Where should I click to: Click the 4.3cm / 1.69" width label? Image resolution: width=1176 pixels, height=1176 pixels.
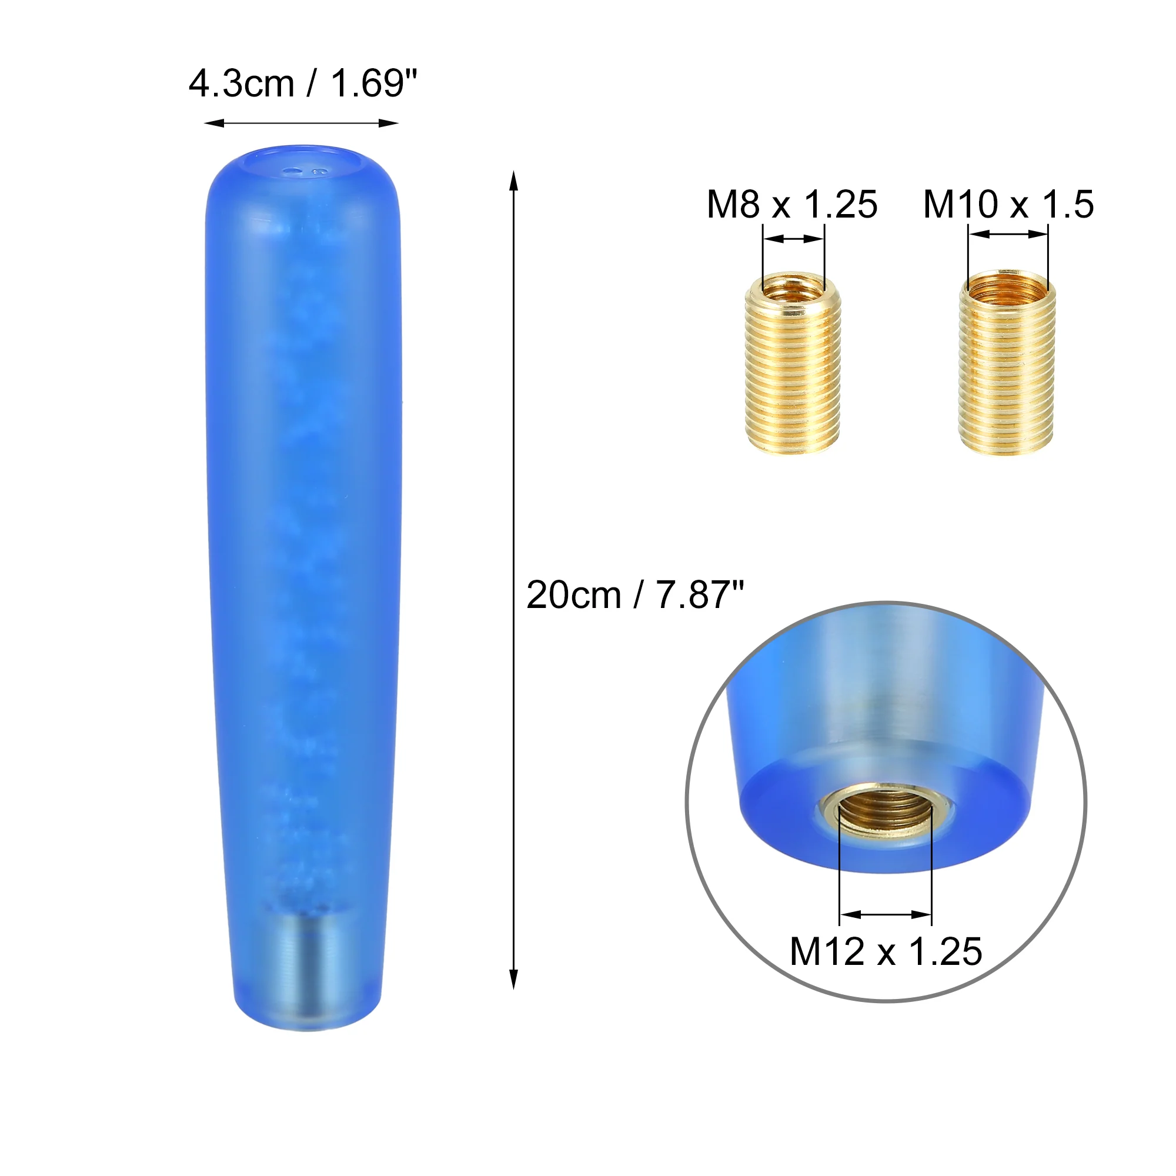[302, 83]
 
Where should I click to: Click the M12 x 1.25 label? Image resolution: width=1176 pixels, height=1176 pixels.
[886, 951]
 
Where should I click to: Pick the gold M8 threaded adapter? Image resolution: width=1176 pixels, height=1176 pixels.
[793, 363]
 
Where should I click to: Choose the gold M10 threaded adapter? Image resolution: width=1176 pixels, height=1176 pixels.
[1007, 363]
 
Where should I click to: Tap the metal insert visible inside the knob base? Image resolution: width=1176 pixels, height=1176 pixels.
[308, 966]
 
